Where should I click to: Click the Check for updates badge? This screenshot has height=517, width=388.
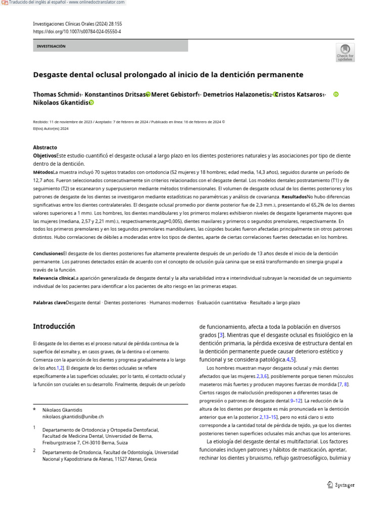345,52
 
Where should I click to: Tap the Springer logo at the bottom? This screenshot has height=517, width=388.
341,485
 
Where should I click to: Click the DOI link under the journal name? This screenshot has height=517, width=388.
77,31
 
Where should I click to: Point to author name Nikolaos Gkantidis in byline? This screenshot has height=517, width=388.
61,102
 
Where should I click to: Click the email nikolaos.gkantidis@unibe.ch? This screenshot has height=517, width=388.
73,417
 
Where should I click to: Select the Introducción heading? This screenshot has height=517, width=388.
54,326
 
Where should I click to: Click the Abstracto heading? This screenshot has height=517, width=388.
45,147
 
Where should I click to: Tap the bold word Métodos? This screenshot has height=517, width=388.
43,172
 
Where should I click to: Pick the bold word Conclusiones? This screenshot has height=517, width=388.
48,253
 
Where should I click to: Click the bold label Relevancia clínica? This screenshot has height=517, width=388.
53,278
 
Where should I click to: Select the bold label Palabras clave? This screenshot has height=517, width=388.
50,302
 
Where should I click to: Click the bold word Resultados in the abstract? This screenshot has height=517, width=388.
294,196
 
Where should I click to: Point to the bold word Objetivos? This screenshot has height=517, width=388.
44,156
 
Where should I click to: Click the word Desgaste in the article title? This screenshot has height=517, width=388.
52,75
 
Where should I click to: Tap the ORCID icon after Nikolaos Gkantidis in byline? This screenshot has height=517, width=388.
91,102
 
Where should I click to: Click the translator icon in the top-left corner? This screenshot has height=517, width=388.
5,3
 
